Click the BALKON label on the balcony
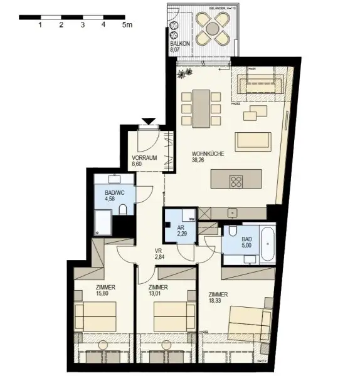[179, 43]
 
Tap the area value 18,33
[219, 301]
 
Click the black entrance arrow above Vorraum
[148, 121]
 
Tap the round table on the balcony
[211, 28]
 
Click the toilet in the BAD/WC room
[124, 209]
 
